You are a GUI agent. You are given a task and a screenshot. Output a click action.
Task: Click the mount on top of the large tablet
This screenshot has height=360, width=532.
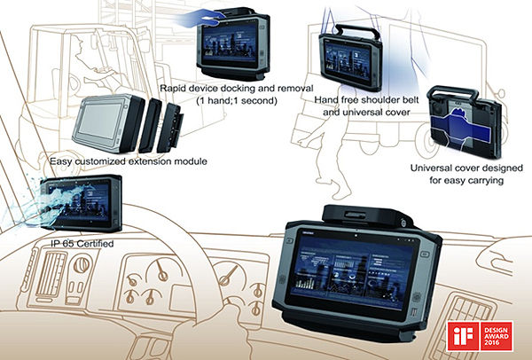click(363, 213)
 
